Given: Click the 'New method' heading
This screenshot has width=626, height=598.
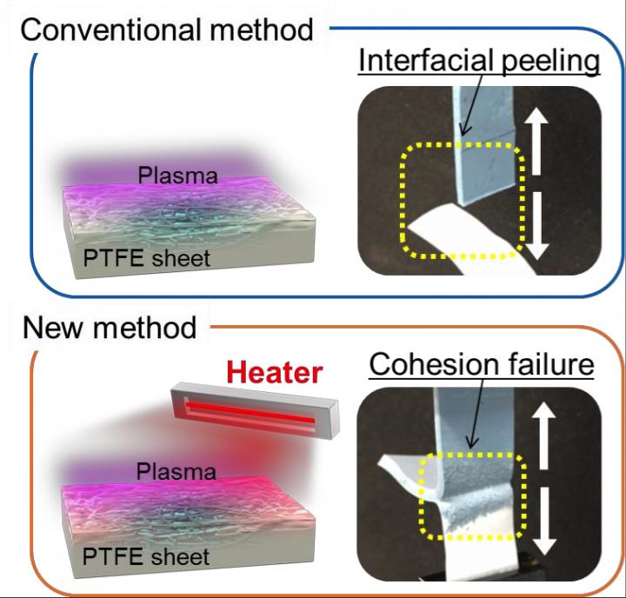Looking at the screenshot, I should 110,328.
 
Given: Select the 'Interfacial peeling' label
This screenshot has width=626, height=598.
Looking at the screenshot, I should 480,62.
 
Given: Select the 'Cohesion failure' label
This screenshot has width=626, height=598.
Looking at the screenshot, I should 480,364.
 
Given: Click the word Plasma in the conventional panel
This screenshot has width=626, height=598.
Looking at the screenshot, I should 176,176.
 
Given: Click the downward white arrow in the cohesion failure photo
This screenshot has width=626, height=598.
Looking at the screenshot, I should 545,522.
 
